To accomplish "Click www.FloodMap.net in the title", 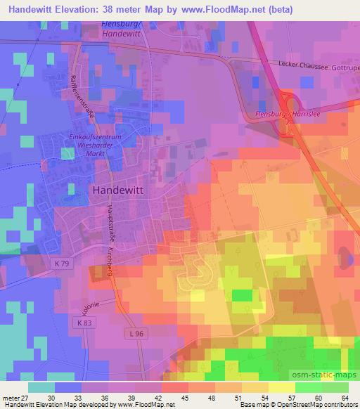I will (217, 10).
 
